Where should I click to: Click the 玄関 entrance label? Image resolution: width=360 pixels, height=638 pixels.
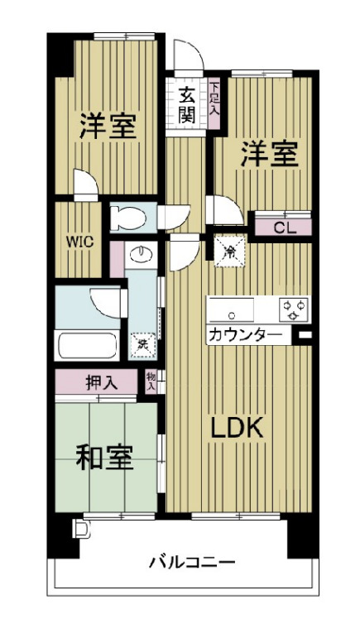click(x=187, y=104)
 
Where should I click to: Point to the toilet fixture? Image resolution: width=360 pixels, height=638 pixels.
click(x=128, y=217)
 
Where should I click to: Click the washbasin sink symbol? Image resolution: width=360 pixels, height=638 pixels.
click(x=142, y=254)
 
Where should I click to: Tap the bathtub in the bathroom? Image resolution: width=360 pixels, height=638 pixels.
click(x=89, y=343)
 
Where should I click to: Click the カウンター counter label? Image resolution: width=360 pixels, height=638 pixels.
click(x=244, y=335)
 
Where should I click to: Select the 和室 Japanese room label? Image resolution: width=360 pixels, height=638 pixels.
click(x=105, y=458)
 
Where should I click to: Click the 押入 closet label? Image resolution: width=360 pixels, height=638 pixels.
click(x=100, y=383)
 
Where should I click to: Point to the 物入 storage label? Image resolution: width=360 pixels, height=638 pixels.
click(x=151, y=381)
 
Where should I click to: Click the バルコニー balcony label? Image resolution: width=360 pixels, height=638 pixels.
click(x=192, y=564)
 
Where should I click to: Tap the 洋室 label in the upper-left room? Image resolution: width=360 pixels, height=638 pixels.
click(x=108, y=126)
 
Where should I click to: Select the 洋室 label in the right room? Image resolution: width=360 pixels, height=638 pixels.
click(x=269, y=155)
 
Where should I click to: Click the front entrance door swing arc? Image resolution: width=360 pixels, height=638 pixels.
click(x=189, y=58)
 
